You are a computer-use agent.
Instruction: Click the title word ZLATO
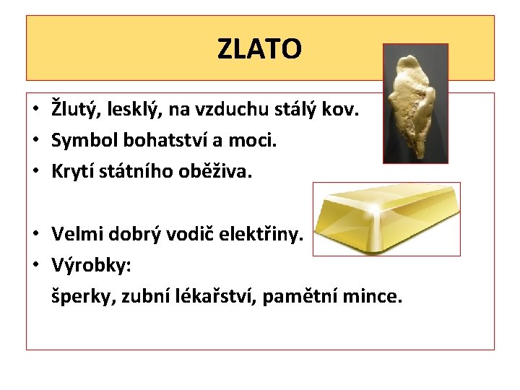coord(259,49)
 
